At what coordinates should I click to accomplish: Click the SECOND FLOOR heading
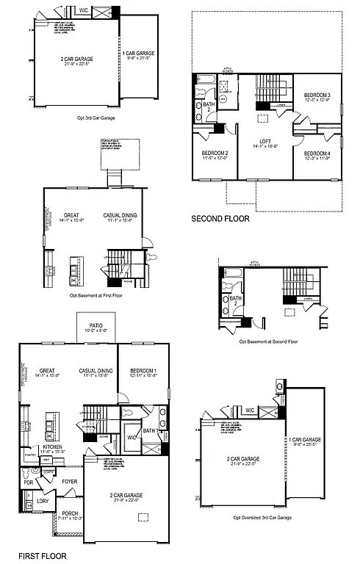point(220,218)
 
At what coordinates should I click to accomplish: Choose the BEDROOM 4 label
point(318,153)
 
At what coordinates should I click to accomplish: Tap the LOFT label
point(266,142)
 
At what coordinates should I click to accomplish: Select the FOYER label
point(70,482)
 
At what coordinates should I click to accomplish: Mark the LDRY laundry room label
point(43,501)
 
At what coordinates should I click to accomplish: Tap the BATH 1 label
point(151,430)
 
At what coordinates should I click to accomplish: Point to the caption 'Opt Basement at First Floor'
point(99,295)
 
